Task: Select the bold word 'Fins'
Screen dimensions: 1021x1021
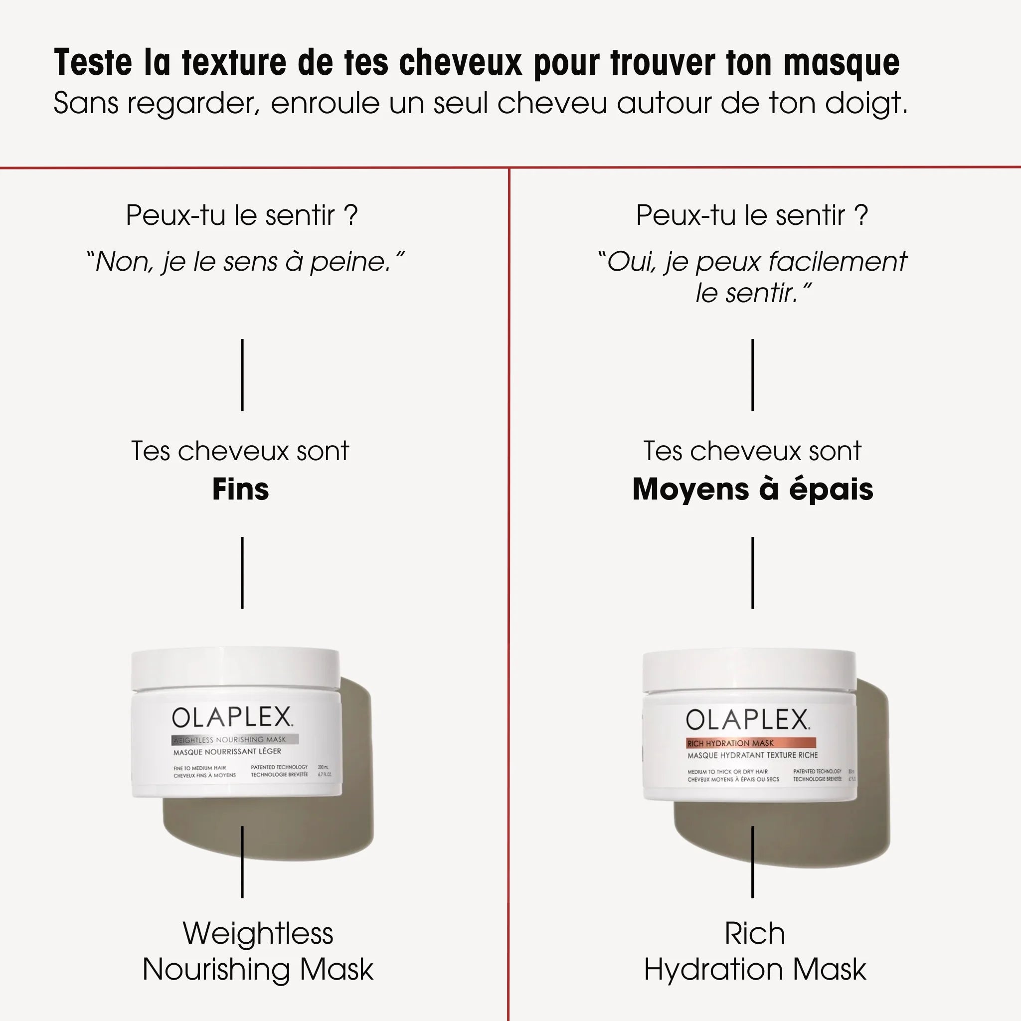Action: click(240, 490)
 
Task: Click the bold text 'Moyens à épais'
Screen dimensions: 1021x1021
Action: click(752, 490)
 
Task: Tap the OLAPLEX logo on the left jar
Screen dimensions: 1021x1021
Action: click(232, 718)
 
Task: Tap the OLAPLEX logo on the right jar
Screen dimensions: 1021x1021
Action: click(747, 720)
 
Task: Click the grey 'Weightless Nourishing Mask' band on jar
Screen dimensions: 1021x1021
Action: click(235, 740)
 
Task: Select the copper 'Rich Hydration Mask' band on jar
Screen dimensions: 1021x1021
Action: click(750, 743)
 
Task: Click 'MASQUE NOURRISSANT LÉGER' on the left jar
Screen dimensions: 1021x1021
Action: click(227, 751)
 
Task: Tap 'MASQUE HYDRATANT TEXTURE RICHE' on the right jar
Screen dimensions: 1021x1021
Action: click(752, 755)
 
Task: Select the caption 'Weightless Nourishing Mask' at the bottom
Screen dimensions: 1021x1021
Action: click(258, 951)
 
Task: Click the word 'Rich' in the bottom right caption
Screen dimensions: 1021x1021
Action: click(755, 933)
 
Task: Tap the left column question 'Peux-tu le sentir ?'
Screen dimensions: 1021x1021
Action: click(241, 215)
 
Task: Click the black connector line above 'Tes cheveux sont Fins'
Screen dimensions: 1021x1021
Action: click(242, 375)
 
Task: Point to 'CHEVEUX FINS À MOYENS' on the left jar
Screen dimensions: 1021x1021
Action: click(204, 775)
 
